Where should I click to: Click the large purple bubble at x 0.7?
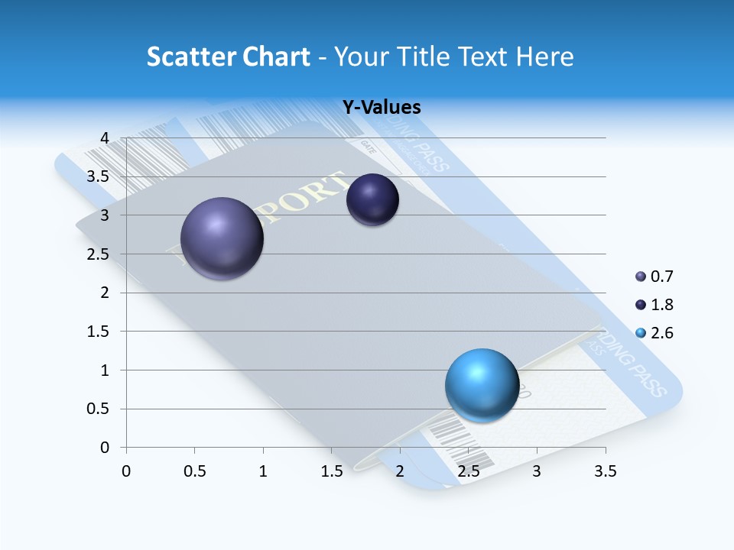[222, 238]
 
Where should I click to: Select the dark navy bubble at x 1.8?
[373, 200]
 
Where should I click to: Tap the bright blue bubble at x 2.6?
[482, 385]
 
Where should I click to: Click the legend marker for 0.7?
[641, 277]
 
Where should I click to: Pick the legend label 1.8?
[662, 305]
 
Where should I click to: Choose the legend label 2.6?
[662, 333]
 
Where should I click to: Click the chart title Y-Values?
[382, 108]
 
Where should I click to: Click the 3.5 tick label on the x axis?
[605, 471]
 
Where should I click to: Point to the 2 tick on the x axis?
[400, 471]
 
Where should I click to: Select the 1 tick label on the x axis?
[263, 471]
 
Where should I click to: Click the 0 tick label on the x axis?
[126, 471]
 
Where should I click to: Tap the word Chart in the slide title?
[277, 57]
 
